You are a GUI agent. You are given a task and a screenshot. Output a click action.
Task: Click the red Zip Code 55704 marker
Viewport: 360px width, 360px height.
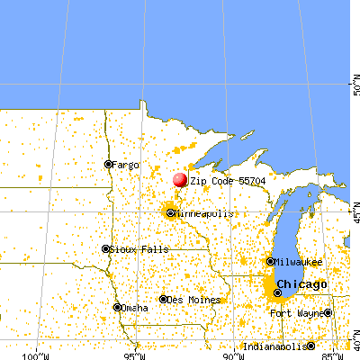[180, 180]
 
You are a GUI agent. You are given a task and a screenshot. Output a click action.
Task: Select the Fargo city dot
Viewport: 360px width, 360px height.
[108, 164]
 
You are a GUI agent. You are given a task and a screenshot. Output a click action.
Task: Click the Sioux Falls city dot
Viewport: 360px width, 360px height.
[105, 248]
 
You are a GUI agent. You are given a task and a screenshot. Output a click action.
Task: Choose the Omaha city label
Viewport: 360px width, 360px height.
[135, 308]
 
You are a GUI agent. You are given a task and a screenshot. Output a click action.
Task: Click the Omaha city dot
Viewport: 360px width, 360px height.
[117, 307]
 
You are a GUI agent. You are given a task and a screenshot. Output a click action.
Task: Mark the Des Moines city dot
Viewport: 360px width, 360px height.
[163, 299]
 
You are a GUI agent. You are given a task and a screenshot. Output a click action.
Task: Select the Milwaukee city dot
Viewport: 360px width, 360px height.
[270, 261]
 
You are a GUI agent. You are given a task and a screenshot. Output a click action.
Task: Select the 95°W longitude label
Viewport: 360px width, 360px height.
[135, 351]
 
